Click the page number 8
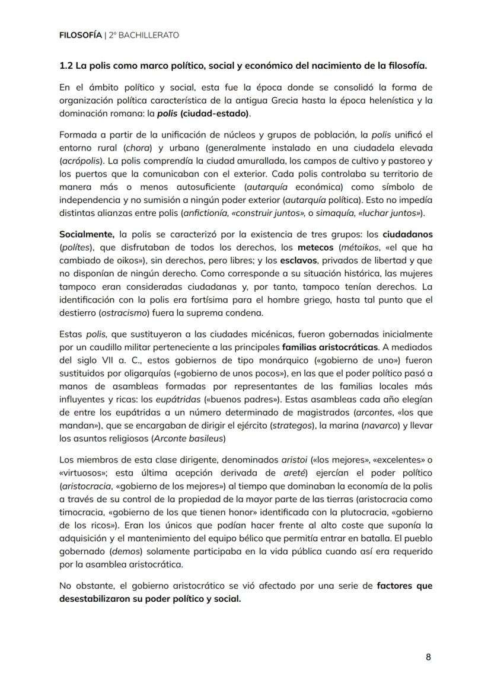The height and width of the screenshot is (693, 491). click(x=428, y=656)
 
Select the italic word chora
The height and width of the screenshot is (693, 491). click(x=136, y=148)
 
